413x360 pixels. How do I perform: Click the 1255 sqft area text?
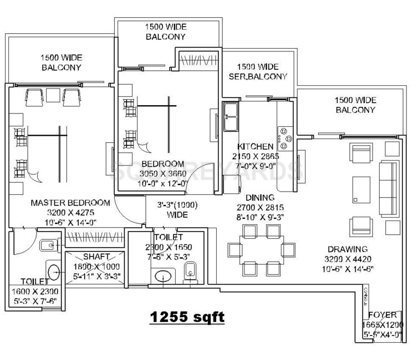coord(186,317)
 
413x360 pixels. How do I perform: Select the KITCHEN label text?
coord(255,146)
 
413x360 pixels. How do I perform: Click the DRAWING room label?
coord(347,249)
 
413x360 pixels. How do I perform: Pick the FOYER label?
coord(382,315)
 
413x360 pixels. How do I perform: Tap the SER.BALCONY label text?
coord(258,76)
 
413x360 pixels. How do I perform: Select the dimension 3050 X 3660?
coord(162,174)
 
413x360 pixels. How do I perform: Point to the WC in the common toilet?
coord(189,272)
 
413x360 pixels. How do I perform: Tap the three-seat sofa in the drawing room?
coord(386,186)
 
